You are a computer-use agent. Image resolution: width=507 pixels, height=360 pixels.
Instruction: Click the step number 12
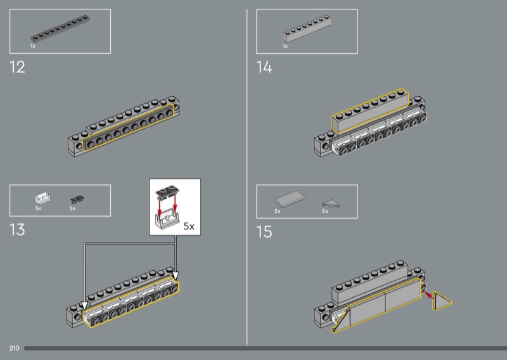pos(18,67)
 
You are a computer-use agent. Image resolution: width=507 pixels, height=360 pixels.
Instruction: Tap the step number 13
pos(18,229)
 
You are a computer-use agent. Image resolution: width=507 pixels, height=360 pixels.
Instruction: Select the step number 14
pos(264,67)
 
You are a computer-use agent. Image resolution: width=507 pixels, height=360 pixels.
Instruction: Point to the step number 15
pos(264,231)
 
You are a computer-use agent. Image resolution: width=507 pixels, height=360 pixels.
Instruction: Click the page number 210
pos(14,348)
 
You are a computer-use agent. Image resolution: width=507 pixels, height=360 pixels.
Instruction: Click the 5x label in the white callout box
pos(189,226)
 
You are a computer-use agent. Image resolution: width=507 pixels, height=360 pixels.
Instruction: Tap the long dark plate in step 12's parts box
pos(60,29)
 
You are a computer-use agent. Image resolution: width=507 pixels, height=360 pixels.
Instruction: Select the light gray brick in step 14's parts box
pos(307,29)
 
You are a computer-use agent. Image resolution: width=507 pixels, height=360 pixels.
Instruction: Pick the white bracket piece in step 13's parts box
pos(43,198)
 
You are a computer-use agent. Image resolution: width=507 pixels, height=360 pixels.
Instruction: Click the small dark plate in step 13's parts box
pos(77,200)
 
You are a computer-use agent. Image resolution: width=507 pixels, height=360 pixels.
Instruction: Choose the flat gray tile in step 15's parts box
pos(290,198)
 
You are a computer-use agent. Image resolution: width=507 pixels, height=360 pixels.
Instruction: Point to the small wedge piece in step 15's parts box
pos(331,203)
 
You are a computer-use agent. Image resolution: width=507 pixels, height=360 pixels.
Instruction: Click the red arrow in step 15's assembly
pos(428,295)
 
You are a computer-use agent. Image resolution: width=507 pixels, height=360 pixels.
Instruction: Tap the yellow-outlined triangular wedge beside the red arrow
pos(440,302)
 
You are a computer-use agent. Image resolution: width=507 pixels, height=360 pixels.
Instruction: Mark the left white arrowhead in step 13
pos(84,305)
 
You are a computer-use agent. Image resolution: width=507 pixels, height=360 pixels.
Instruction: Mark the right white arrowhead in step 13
pos(176,275)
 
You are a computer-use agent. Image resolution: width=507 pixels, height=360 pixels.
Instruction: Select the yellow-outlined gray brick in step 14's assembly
pos(369,112)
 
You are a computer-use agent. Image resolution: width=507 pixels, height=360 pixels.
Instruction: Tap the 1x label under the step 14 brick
pos(285,46)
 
